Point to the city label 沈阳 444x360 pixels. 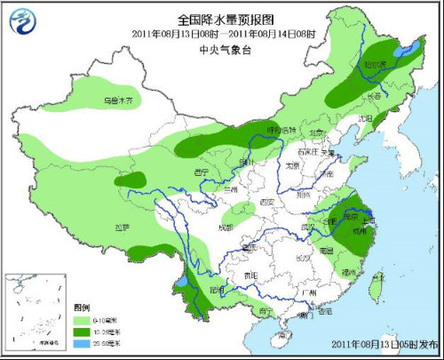365,117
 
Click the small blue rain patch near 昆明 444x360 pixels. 181,281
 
